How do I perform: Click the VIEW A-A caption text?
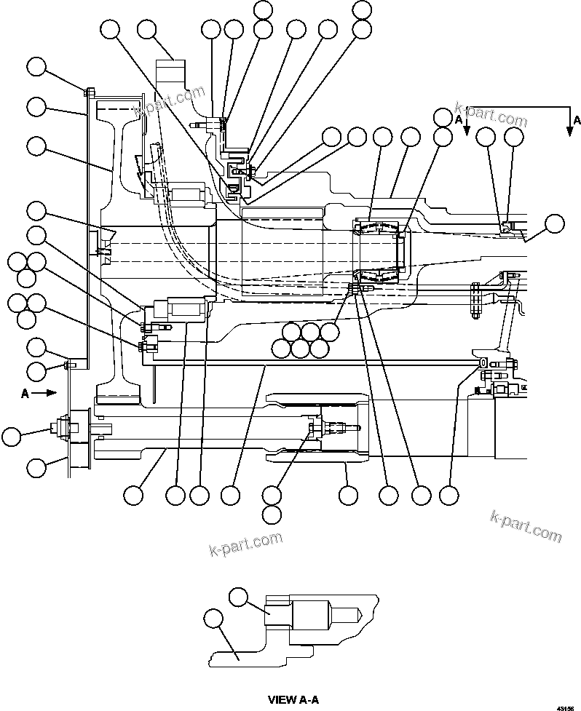pyautogui.click(x=293, y=700)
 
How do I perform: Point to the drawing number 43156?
pyautogui.click(x=565, y=707)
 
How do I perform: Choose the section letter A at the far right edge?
pyautogui.click(x=577, y=119)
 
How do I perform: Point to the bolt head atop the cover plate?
pyautogui.click(x=88, y=92)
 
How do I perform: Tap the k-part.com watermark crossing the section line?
pyautogui.click(x=489, y=114)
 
